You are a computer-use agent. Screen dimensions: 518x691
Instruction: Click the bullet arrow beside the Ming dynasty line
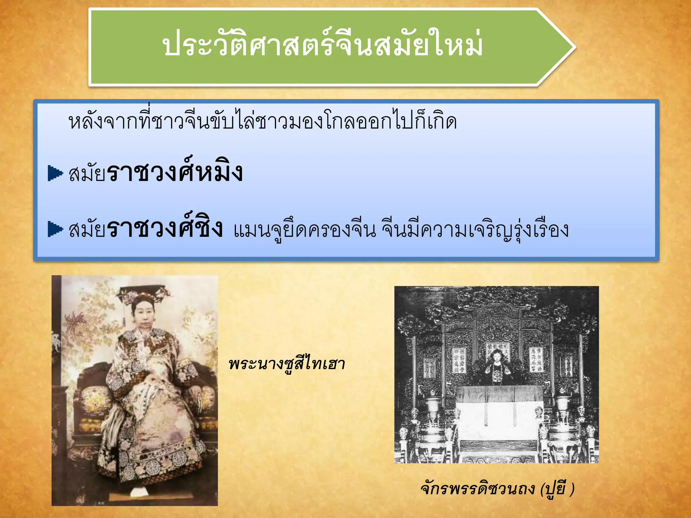[x=55, y=173]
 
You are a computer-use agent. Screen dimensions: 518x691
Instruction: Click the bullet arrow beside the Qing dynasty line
[x=55, y=229]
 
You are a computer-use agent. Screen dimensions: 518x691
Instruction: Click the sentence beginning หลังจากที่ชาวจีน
[x=262, y=121]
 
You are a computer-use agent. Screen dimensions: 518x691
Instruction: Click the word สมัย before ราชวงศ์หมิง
[x=87, y=174]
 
